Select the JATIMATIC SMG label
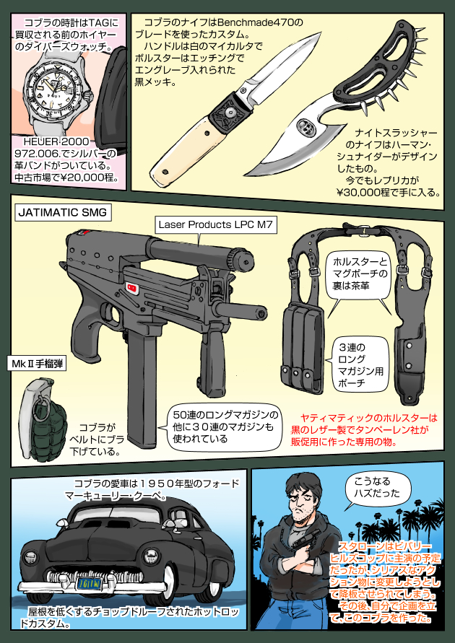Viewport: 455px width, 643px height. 62,213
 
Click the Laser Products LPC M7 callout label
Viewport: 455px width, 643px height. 204,225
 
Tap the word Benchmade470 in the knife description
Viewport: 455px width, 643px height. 266,23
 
